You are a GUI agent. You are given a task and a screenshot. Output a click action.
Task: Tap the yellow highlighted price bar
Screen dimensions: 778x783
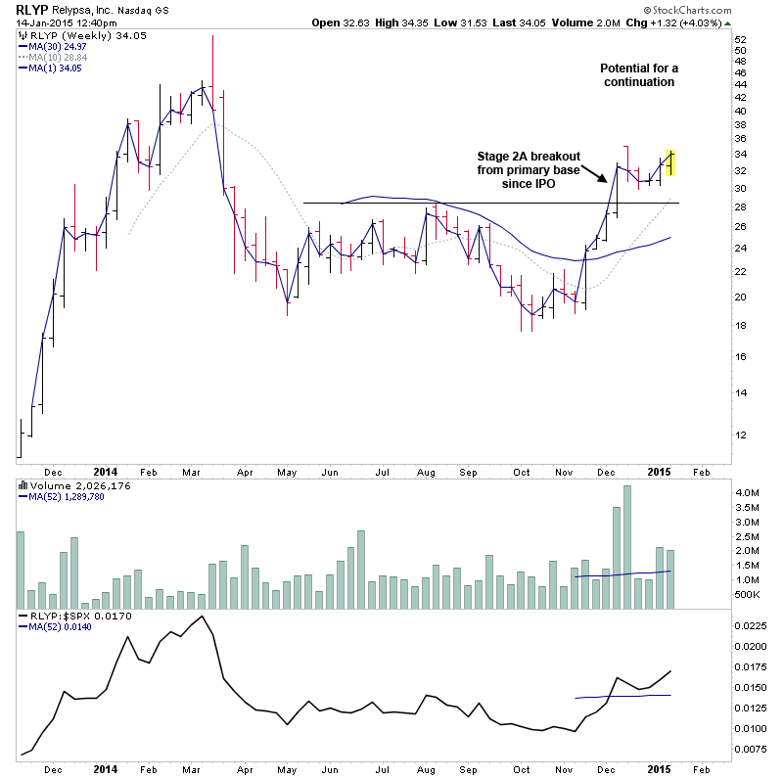point(669,161)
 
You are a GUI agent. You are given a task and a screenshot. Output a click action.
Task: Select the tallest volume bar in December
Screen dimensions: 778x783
point(627,531)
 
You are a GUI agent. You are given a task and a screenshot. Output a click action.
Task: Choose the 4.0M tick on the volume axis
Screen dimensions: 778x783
point(747,492)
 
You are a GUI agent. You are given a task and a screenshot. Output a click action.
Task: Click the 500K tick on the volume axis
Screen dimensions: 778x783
point(747,594)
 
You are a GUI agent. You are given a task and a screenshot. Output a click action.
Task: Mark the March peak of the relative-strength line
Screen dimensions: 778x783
point(202,617)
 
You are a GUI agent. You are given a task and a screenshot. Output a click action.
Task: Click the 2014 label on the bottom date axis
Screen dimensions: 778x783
point(107,768)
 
